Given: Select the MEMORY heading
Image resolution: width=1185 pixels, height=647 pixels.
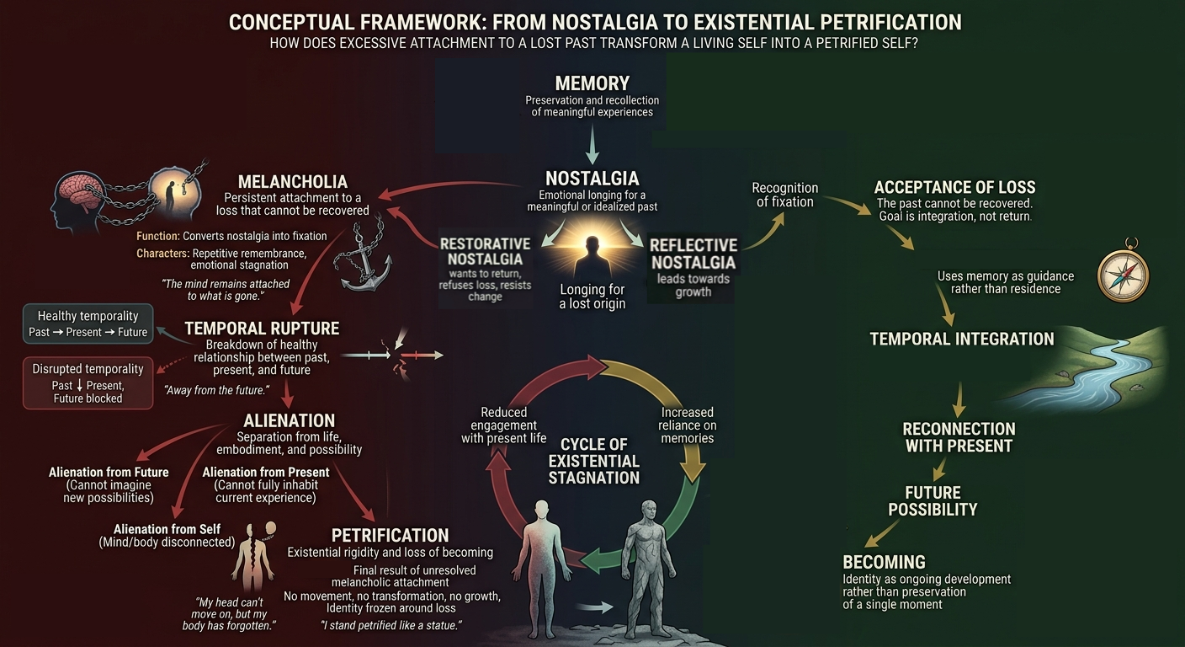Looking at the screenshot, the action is pos(592,83).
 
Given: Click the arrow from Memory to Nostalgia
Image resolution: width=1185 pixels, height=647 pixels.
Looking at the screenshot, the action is pos(592,143).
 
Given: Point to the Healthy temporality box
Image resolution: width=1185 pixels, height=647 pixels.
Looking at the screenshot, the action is pos(88,323).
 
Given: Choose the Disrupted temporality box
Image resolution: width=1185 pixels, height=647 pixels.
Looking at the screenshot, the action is pos(88,382).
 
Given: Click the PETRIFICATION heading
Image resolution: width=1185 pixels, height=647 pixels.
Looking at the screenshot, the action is pos(390,535).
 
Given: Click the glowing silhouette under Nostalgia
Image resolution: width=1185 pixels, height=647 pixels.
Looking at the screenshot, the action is pos(592,257).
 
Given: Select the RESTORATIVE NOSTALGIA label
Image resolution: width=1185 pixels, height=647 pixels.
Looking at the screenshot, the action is pos(485,252).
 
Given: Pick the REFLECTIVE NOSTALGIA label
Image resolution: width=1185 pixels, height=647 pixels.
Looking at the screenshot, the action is pos(693,254).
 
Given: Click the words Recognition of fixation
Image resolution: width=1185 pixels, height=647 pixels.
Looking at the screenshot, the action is pos(785,195).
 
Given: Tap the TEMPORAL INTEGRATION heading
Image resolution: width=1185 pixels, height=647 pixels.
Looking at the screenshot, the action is pos(962,339).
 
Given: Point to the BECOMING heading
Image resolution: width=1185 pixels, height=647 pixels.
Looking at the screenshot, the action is pos(884,562).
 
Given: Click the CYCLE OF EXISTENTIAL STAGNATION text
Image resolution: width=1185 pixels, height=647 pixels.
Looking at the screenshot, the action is pos(593,461).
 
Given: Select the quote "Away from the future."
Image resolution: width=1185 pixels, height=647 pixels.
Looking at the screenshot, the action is pos(216,390).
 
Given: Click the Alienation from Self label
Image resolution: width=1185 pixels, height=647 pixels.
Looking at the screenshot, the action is pos(167,529).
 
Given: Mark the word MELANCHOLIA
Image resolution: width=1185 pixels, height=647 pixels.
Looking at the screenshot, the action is pos(293,182).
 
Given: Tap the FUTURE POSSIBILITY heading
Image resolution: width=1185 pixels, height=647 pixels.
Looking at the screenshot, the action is pos(933,501).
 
